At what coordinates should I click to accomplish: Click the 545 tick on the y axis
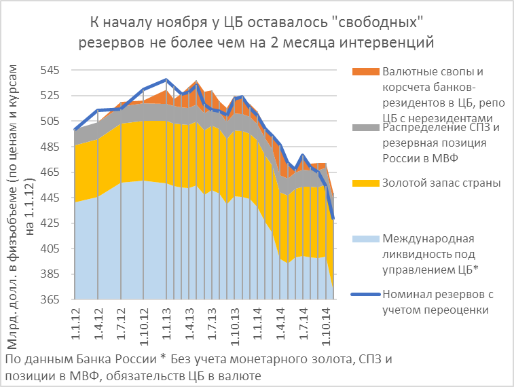[52, 71]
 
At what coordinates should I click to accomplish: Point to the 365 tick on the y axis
[52, 299]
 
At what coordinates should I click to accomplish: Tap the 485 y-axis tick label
[52, 147]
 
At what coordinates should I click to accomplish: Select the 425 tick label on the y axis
[52, 223]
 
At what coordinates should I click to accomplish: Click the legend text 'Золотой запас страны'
[441, 183]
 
